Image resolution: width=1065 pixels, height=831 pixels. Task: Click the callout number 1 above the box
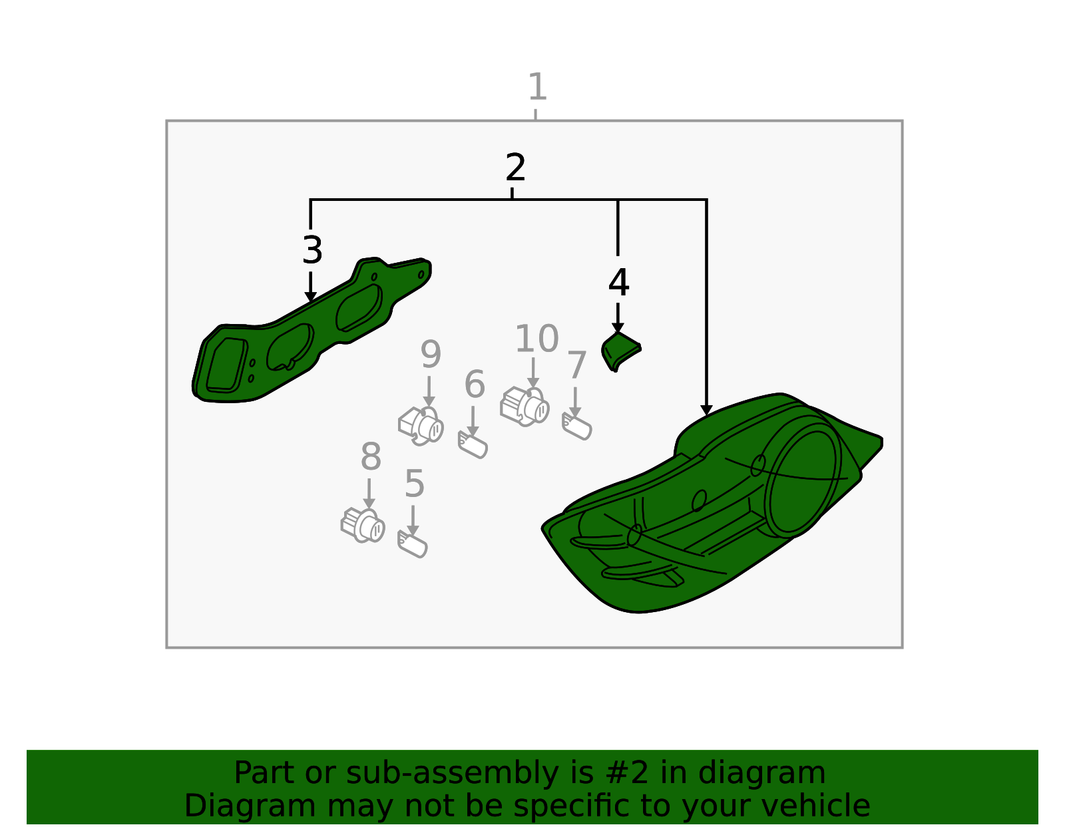coord(536,86)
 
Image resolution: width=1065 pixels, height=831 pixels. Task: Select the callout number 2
coord(515,168)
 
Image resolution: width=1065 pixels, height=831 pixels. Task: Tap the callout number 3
coord(312,250)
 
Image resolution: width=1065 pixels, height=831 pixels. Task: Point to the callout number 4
coord(618,283)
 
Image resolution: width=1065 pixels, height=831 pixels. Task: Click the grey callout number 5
coord(414,484)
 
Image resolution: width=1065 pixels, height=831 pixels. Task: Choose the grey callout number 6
coord(475,385)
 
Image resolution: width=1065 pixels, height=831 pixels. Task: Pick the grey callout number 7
coord(576,365)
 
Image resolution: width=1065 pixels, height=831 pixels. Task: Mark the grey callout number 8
coord(371,457)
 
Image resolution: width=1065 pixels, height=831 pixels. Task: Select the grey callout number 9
coord(430,355)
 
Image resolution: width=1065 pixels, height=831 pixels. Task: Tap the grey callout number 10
coord(536,339)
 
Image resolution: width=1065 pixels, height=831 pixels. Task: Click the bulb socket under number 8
coord(363,526)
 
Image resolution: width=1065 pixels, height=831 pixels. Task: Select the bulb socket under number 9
coord(421,425)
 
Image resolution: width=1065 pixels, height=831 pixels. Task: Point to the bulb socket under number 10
coord(525,406)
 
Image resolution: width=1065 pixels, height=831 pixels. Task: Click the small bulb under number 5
coord(412,544)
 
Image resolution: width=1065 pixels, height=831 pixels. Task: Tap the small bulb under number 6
coord(473,444)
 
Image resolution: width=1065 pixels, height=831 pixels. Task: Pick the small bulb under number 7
coord(577,426)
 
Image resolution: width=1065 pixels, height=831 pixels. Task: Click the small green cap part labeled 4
coord(620,351)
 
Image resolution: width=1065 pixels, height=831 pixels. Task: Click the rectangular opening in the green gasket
coord(226,365)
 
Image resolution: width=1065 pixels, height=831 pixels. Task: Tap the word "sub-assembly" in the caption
coord(451,773)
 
